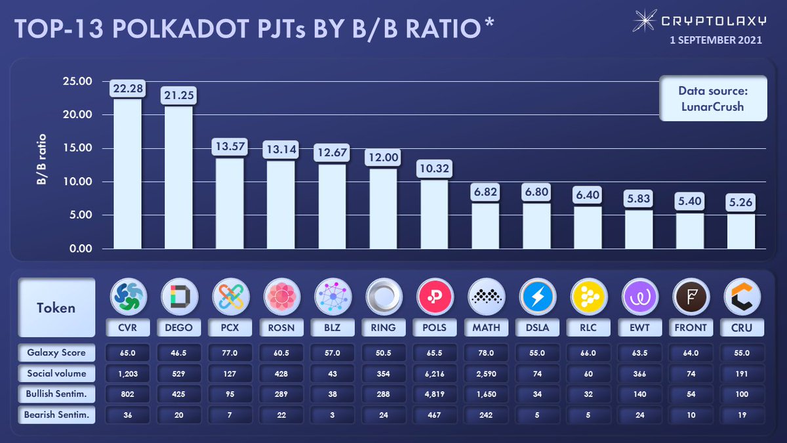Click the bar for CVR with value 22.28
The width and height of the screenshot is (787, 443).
[x=128, y=173]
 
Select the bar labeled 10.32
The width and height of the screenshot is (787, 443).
[x=435, y=214]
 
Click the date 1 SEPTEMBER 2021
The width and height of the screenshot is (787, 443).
[x=716, y=39]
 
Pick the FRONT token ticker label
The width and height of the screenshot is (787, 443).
[x=691, y=326]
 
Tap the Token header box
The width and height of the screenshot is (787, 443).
[x=56, y=307]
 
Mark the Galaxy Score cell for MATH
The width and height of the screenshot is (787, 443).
[x=486, y=352]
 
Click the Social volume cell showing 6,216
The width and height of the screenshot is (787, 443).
[x=435, y=373]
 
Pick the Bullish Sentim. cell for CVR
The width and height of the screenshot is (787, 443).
[x=128, y=394]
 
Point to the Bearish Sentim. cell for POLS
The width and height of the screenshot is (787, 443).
[x=435, y=414]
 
